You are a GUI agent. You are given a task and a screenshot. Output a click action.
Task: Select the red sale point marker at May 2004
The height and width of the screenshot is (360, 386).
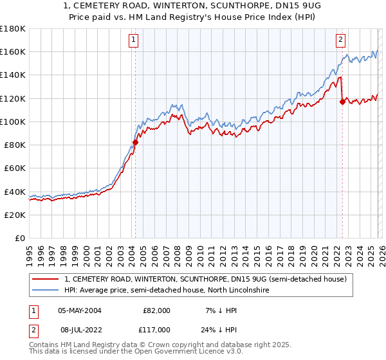(136, 143)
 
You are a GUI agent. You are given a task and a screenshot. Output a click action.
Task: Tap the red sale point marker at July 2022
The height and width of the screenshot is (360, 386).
(343, 102)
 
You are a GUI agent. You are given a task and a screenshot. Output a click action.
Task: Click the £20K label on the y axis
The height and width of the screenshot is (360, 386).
(15, 215)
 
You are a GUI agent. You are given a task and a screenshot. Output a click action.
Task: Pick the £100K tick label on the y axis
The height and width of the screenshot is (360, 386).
(13, 122)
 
